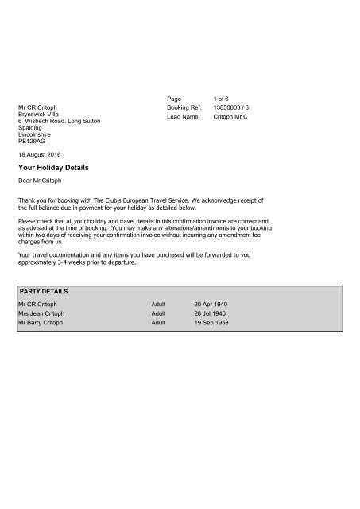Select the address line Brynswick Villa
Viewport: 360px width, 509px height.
(x=40, y=113)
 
